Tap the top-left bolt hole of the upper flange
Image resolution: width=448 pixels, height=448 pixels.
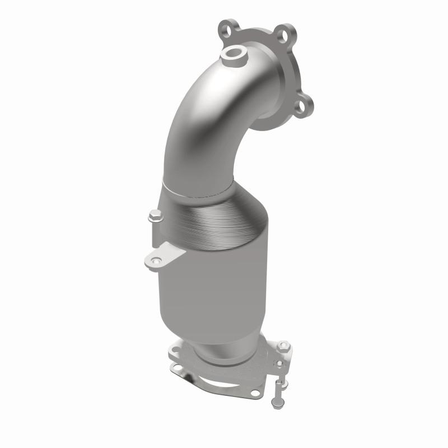225,26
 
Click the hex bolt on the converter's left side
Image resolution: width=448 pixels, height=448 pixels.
154,214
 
